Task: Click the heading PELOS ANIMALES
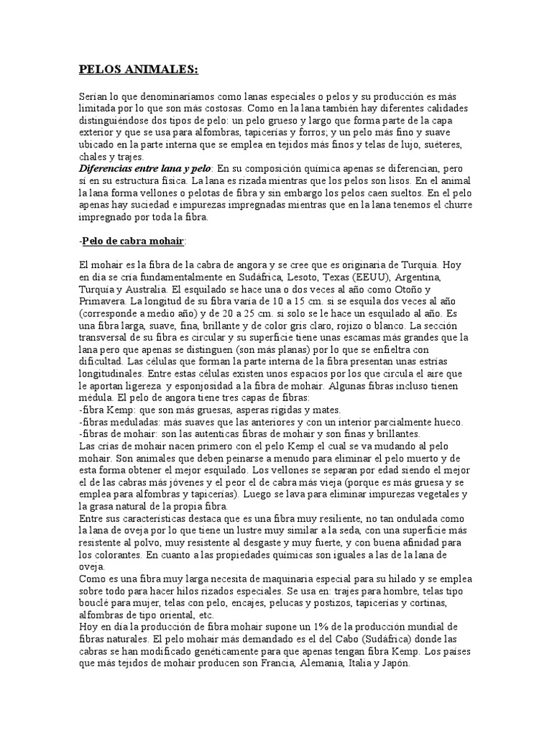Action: pos(137,70)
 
